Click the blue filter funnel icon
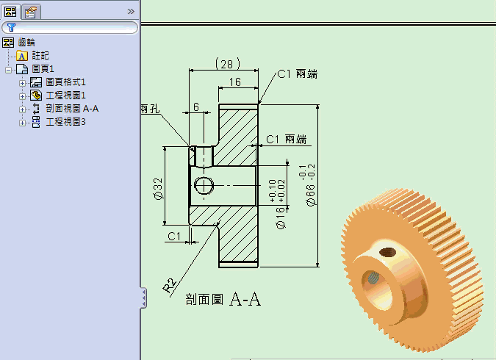tap(11, 27)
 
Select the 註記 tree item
tap(40, 56)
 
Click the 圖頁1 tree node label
tap(43, 69)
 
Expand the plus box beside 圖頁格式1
tap(22, 83)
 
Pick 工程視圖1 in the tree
tap(65, 96)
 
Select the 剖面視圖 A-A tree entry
tap(72, 109)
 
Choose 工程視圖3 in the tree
tap(65, 122)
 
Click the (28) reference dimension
tap(228, 64)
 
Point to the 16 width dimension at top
tap(235, 82)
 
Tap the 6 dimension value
tap(196, 107)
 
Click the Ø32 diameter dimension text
tap(158, 189)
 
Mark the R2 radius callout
tap(170, 285)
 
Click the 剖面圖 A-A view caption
tap(223, 299)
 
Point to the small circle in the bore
tap(204, 185)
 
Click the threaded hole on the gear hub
tap(387, 252)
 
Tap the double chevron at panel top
tap(131, 12)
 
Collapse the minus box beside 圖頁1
tap(9, 70)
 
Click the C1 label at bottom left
tap(174, 237)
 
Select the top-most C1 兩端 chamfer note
tap(298, 74)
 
